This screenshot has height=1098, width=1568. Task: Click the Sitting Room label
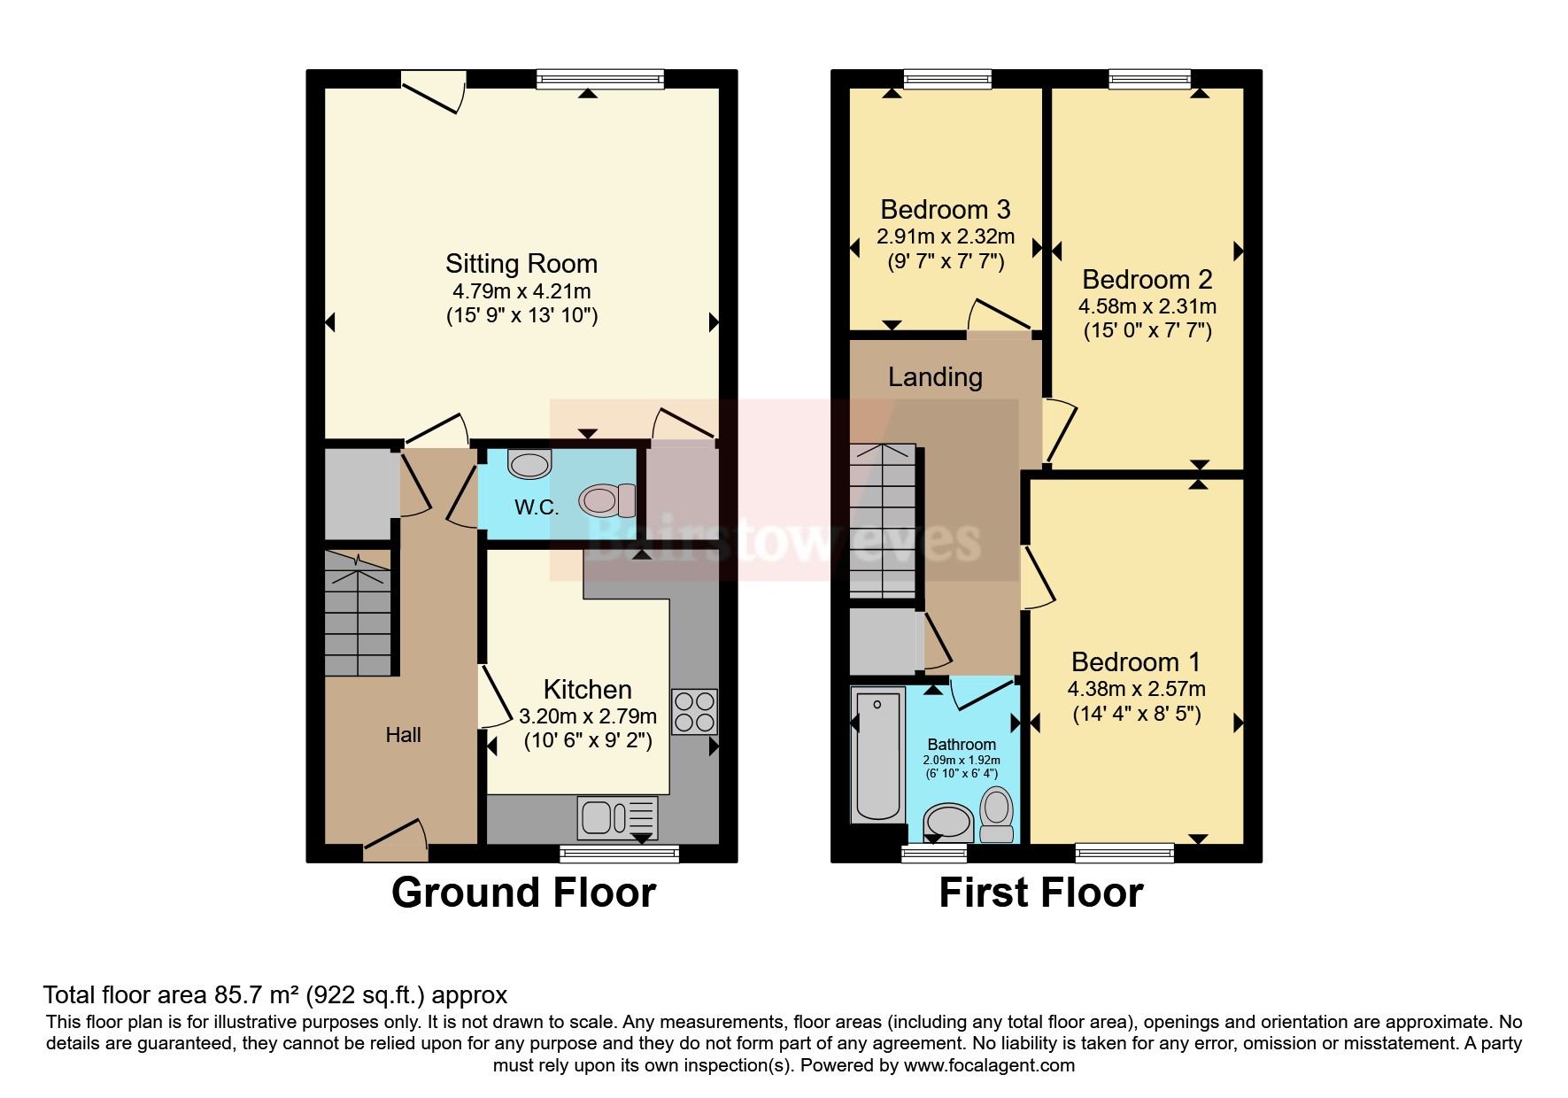click(x=521, y=264)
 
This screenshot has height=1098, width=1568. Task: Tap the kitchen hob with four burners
click(x=694, y=712)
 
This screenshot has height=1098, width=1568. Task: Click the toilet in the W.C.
click(x=607, y=500)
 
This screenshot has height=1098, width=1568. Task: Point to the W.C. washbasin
click(x=529, y=464)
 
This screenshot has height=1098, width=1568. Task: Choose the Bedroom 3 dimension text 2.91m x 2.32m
click(x=945, y=237)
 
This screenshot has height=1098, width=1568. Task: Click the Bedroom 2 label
click(x=1147, y=280)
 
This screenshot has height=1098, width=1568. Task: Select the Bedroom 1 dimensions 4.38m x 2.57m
click(x=1136, y=689)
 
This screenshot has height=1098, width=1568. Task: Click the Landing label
click(x=935, y=377)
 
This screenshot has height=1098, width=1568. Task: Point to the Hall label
click(x=403, y=735)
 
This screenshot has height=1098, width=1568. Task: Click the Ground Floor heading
click(x=523, y=893)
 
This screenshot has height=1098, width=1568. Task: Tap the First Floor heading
click(x=1040, y=893)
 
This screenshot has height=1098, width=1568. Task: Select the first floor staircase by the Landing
click(x=882, y=521)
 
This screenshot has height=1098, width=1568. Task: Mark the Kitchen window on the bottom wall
click(x=619, y=854)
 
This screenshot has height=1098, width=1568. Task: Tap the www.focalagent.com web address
click(x=988, y=1065)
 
